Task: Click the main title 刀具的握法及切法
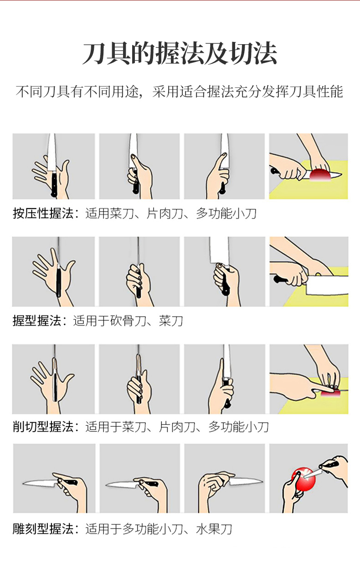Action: tap(180, 54)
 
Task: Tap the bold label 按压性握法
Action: tap(43, 214)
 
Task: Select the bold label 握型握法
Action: tap(37, 321)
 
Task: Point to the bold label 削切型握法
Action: tap(43, 427)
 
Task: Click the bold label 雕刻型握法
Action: tap(43, 529)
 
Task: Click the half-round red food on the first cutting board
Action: tap(320, 175)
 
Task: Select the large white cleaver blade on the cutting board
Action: tap(327, 285)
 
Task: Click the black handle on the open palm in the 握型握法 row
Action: tap(58, 283)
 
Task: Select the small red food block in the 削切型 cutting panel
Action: tap(331, 393)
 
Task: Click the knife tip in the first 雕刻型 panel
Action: tap(23, 484)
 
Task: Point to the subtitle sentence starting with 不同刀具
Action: tap(180, 92)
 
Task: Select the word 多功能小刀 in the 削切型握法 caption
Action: tap(238, 427)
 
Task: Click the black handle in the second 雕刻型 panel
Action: tap(152, 484)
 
